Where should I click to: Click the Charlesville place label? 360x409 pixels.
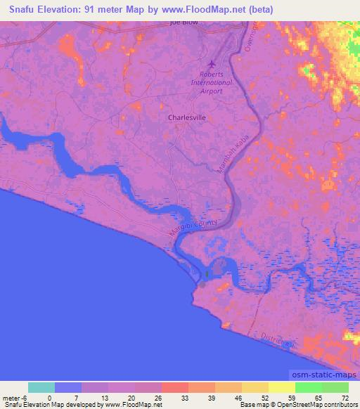pos(187,118)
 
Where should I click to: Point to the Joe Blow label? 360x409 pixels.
pos(185,22)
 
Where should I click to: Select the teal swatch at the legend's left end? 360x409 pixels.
pos(41,387)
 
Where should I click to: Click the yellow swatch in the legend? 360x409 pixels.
pos(281,387)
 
